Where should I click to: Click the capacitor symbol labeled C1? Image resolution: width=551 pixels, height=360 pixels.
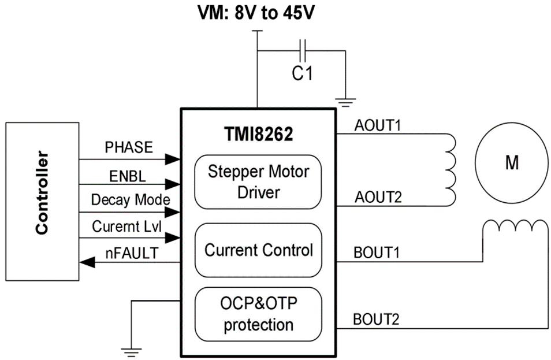coord(301,50)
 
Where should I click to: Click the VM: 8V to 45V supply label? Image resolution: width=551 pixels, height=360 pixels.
coord(256,12)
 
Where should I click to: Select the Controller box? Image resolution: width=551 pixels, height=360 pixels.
coord(42,201)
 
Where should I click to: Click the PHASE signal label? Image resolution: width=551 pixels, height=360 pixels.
coord(129,147)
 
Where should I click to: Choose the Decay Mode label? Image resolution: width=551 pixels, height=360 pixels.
coord(130,200)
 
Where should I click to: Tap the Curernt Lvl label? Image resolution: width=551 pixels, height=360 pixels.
coord(126,227)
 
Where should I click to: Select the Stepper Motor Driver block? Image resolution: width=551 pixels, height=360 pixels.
coord(258,181)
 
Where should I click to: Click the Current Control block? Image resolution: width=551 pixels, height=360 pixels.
coord(258,250)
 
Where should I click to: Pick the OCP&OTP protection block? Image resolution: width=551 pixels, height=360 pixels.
coord(258,314)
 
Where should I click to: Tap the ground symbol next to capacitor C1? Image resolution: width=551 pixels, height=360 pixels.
coord(345,103)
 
